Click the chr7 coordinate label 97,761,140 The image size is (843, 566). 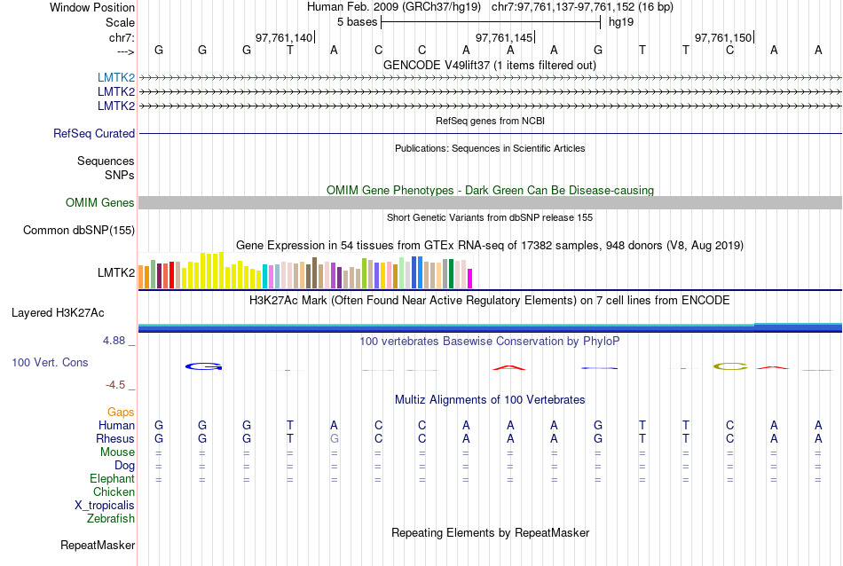pyautogui.click(x=284, y=38)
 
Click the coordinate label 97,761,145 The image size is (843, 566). pyautogui.click(x=505, y=38)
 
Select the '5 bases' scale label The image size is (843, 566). pyautogui.click(x=357, y=22)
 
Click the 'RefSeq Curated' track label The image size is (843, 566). pyautogui.click(x=94, y=134)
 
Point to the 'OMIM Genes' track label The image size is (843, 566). pyautogui.click(x=100, y=203)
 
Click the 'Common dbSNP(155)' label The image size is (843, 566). pyautogui.click(x=79, y=231)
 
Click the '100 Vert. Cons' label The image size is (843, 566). pyautogui.click(x=50, y=363)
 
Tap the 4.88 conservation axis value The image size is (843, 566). pyautogui.click(x=118, y=341)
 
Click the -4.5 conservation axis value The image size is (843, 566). pyautogui.click(x=120, y=385)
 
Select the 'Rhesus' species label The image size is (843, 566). pyautogui.click(x=116, y=439)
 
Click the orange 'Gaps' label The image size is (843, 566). pyautogui.click(x=121, y=413)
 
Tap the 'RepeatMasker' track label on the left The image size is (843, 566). pyautogui.click(x=98, y=545)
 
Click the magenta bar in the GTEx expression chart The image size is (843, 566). pyautogui.click(x=470, y=278)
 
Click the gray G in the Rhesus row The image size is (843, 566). pyautogui.click(x=335, y=439)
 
